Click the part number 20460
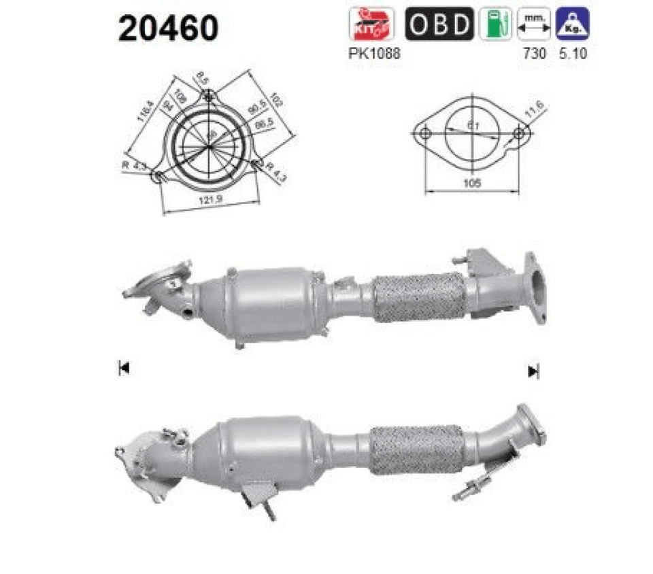tap(168, 29)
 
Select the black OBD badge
tap(439, 24)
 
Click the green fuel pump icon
tap(495, 24)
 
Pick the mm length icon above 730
tap(533, 24)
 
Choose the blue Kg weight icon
tap(572, 24)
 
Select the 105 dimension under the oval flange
tap(472, 182)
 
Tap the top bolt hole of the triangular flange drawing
tap(210, 96)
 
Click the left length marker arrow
tap(124, 369)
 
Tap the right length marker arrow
tap(533, 371)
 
